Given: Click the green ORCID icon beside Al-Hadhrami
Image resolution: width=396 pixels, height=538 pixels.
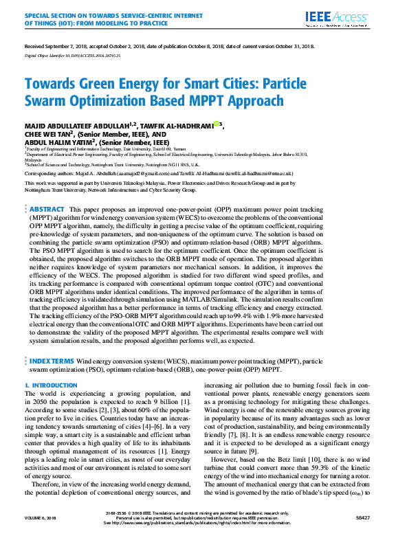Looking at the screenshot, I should [x=217, y=124].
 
